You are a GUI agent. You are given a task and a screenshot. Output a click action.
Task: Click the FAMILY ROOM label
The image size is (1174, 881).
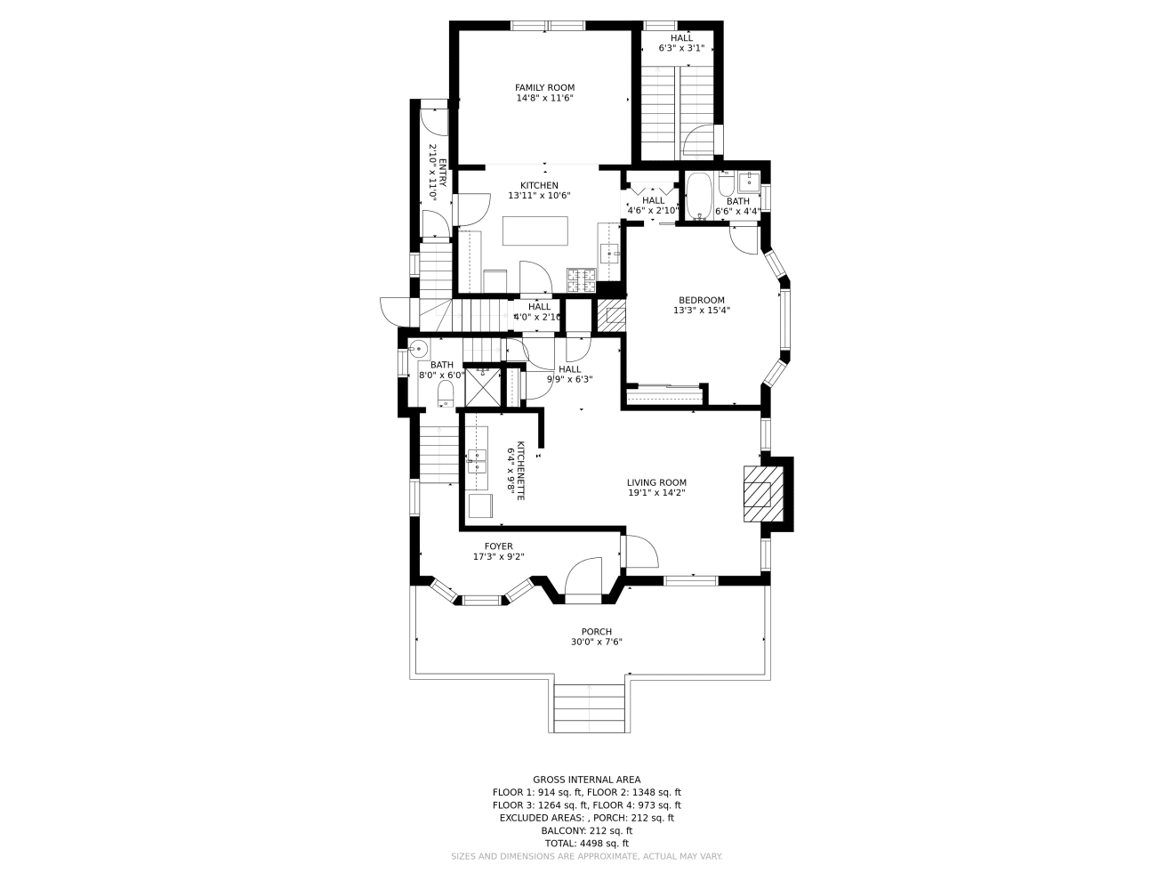pos(544,87)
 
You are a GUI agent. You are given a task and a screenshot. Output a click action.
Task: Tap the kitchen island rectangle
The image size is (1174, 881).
pos(535,230)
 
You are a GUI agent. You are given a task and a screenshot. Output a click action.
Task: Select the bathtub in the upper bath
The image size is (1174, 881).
pos(698,195)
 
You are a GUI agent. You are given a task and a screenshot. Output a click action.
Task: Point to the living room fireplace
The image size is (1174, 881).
pos(759,494)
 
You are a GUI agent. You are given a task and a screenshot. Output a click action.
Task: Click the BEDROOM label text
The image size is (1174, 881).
pos(701,300)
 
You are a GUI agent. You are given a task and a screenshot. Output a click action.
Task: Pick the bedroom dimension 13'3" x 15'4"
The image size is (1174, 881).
pos(701,311)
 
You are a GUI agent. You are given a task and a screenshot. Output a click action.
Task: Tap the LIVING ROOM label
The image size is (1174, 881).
pos(656,482)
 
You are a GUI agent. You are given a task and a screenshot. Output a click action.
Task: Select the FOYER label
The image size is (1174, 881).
pos(498,546)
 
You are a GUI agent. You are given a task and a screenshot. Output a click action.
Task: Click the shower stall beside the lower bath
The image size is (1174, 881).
pos(483,386)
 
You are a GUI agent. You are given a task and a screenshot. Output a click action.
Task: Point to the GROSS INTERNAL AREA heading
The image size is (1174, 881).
pos(586,780)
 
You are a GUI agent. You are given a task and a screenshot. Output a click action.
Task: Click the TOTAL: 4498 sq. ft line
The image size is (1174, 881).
pos(586,843)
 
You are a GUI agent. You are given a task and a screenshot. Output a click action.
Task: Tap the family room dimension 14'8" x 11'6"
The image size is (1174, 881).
pos(544,98)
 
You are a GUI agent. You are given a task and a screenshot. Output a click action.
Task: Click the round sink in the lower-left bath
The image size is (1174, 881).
pos(418,348)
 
